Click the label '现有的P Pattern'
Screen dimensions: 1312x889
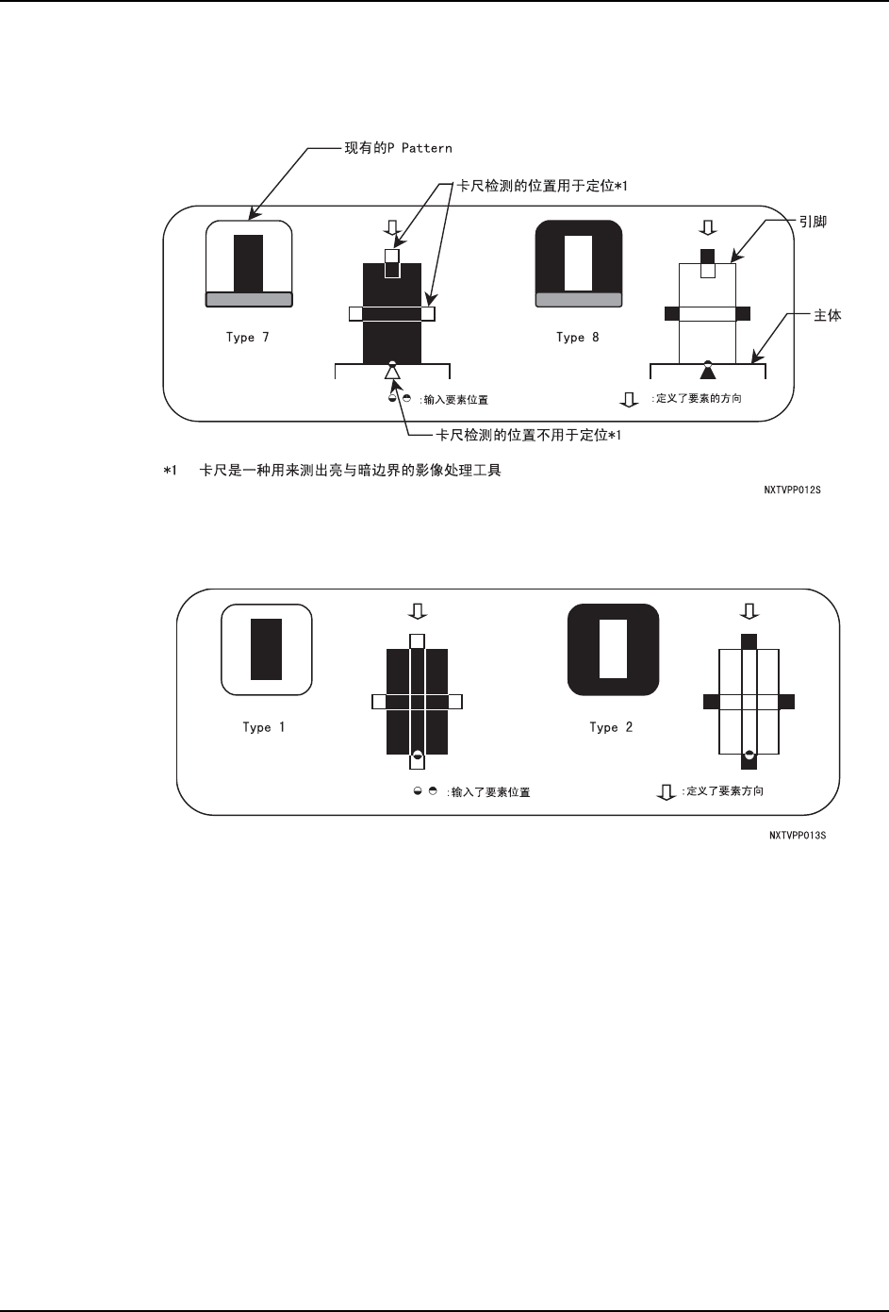[397, 148]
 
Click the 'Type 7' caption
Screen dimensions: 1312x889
[247, 338]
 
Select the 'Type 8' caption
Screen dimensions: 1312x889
[577, 338]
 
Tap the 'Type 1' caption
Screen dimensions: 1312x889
[263, 727]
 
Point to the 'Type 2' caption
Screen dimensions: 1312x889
[611, 727]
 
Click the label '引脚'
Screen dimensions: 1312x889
[813, 223]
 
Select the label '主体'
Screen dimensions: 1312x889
[828, 316]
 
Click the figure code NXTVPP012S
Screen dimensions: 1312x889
[792, 490]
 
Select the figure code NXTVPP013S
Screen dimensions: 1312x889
[798, 836]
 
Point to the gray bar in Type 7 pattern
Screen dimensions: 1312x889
[249, 299]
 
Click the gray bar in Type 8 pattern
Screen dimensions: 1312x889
[579, 299]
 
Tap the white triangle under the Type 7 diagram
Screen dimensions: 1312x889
[392, 373]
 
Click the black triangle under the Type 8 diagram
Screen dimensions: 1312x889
[708, 372]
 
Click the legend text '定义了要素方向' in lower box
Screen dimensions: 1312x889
[722, 791]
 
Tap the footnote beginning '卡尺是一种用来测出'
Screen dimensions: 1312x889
[350, 470]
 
